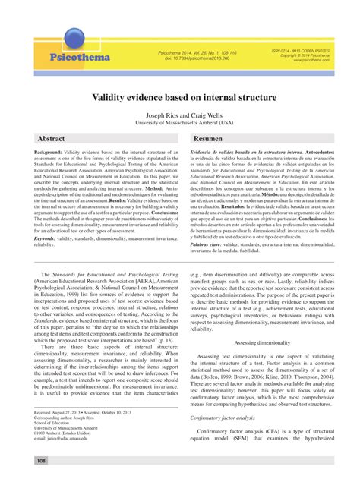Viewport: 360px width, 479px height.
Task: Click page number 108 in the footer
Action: point(41,460)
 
